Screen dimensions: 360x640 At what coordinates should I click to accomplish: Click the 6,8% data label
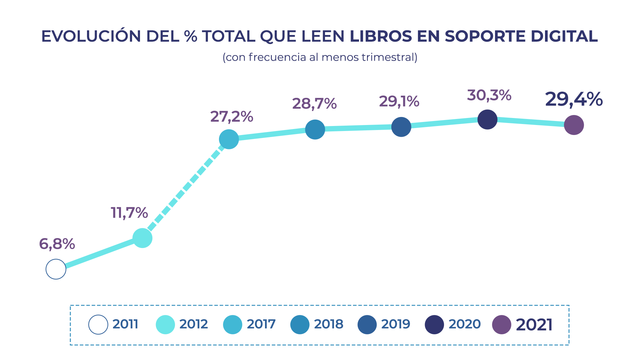57,244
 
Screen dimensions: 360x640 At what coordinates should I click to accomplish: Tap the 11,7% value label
129,213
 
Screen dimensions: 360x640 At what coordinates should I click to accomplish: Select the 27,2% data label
232,117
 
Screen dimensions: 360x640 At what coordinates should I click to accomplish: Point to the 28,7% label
314,104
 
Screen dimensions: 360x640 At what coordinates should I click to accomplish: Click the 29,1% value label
399,101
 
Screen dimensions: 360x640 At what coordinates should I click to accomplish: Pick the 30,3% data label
489,95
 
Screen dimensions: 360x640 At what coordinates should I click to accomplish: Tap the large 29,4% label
574,99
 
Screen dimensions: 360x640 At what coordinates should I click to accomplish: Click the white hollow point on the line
56,269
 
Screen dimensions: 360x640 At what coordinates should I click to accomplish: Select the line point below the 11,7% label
142,238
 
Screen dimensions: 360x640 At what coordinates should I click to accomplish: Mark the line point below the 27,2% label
229,139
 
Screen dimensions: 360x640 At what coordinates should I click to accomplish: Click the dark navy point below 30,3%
487,119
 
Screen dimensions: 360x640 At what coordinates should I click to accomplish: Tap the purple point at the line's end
574,125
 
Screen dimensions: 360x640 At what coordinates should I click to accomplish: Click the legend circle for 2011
98,325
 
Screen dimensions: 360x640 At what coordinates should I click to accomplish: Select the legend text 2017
261,324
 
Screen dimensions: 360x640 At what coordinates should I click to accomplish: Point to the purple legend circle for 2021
502,325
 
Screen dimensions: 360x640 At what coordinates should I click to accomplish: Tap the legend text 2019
396,324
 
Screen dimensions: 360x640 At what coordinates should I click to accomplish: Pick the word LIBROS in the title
381,36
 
